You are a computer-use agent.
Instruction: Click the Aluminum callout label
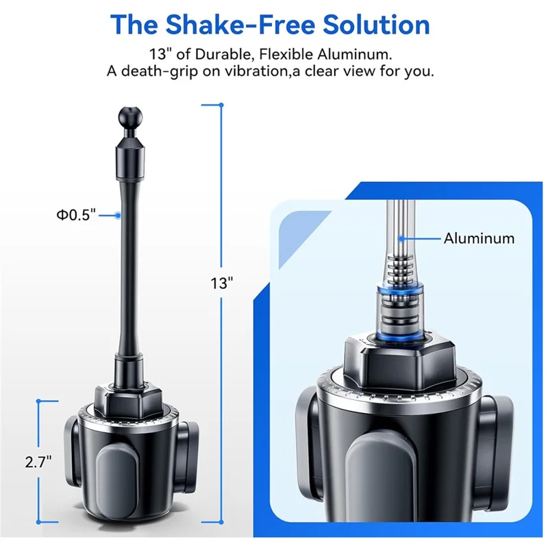click(479, 238)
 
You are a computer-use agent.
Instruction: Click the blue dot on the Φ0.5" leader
click(118, 215)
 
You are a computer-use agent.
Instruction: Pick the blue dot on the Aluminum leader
click(401, 238)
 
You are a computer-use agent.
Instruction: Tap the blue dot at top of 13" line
click(221, 105)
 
